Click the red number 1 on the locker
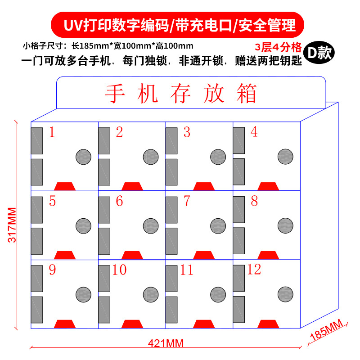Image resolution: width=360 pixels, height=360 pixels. click(x=52, y=132)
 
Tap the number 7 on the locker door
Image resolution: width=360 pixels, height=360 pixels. click(x=187, y=201)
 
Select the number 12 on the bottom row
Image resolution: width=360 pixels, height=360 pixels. click(x=254, y=270)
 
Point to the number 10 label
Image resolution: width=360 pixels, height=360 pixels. click(x=119, y=270)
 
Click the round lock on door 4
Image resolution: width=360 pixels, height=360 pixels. click(x=285, y=156)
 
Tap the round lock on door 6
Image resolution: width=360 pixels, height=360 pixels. click(x=151, y=225)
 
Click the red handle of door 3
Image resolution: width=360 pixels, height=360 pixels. click(x=203, y=186)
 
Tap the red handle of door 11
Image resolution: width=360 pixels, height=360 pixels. click(x=203, y=324)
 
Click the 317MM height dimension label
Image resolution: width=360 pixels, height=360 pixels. click(x=13, y=225)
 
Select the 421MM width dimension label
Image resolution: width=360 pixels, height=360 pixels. click(x=166, y=343)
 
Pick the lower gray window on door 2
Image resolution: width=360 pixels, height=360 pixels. click(x=104, y=172)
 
